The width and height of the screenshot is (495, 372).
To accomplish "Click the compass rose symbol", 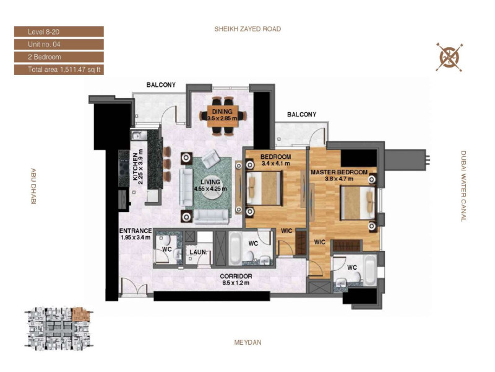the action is (449, 57).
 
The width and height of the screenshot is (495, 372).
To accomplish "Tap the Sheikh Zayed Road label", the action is (247, 29).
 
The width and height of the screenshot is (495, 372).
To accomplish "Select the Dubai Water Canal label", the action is (463, 187).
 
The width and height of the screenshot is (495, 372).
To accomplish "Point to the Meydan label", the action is (248, 342).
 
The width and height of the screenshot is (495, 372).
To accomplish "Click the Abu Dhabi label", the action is (33, 187).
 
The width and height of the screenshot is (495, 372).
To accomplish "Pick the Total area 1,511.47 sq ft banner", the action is (59, 69).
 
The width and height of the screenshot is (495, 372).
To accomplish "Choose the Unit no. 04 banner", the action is (59, 44).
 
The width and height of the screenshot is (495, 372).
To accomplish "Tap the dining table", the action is (223, 116).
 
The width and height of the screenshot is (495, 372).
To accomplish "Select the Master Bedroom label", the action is (339, 172).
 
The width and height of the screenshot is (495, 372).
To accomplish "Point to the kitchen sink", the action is (137, 135).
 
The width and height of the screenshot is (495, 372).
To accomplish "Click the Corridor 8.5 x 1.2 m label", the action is (236, 280).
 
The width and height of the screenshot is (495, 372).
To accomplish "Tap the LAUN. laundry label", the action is (198, 252).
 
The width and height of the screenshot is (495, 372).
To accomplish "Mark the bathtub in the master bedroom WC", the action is (370, 270).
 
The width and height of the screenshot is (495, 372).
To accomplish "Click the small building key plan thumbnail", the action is (58, 329).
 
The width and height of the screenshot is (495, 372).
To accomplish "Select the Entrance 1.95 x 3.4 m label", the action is (136, 234).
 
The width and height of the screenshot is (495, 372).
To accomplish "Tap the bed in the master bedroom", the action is (358, 203).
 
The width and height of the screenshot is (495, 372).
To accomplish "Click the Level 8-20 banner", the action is (59, 32).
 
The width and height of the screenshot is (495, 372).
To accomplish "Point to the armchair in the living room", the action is (211, 159).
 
